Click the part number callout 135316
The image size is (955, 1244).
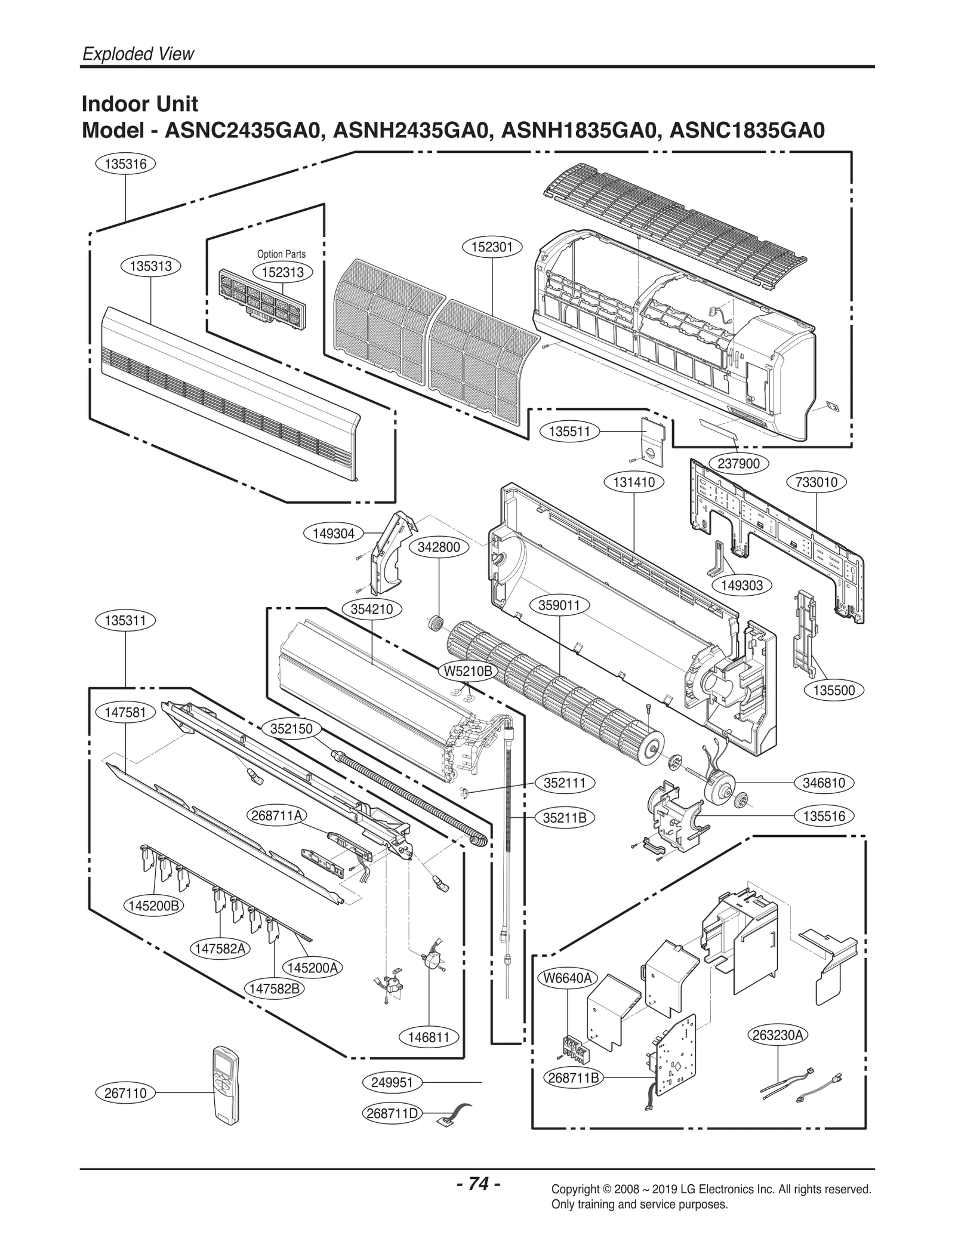[125, 164]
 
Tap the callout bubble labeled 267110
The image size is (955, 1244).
[125, 1093]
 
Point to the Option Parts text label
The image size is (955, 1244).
[281, 254]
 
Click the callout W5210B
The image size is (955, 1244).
[469, 671]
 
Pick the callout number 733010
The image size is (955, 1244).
[816, 482]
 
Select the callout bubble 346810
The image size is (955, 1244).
[824, 783]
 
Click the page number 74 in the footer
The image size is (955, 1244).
[478, 1184]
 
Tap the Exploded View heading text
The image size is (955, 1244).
[138, 54]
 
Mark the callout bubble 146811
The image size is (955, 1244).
[429, 1037]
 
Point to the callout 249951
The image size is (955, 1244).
[392, 1082]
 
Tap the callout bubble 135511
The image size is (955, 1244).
[569, 431]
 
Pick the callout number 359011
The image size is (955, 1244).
[559, 605]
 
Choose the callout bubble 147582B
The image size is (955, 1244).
[274, 989]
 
